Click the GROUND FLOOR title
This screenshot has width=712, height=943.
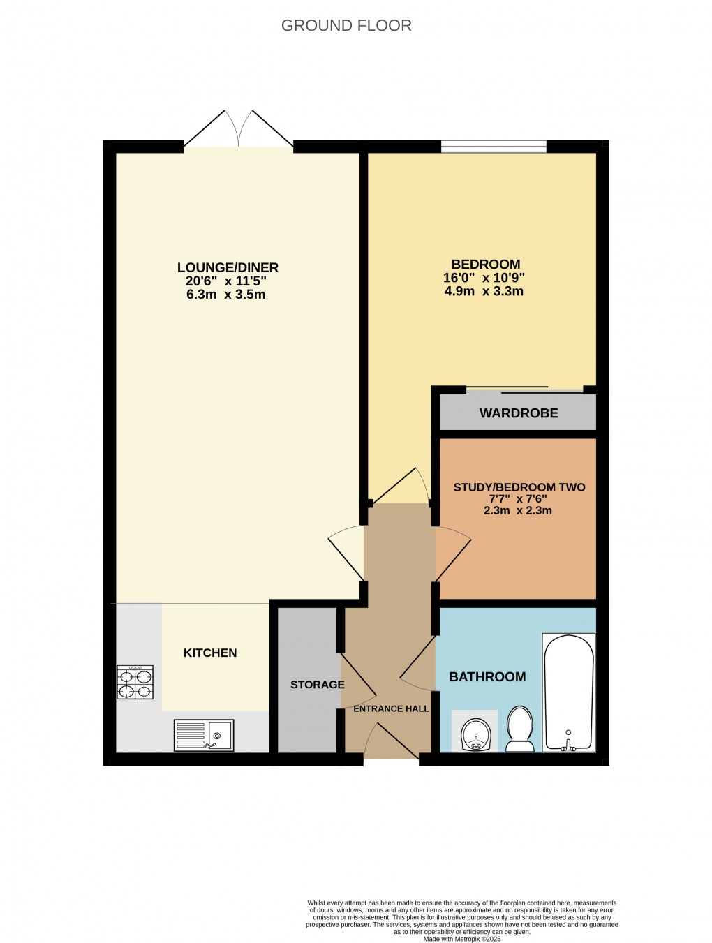click(x=346, y=26)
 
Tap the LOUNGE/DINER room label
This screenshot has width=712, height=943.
click(x=228, y=267)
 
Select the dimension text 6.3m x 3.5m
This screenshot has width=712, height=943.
click(x=225, y=295)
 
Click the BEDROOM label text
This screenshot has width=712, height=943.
click(x=485, y=265)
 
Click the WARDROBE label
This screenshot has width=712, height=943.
click(x=519, y=413)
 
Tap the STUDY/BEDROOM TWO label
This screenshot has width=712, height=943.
click(x=519, y=487)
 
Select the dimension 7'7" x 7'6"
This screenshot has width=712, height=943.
click(x=518, y=499)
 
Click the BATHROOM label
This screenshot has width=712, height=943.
click(x=487, y=676)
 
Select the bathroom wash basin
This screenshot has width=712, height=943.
click(x=475, y=732)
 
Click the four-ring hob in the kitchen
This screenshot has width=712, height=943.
click(x=135, y=683)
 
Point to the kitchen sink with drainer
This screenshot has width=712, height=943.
click(x=203, y=735)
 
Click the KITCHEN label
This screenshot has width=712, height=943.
click(x=210, y=653)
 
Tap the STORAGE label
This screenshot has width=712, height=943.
click(x=318, y=685)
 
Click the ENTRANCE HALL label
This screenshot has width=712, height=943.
click(x=391, y=708)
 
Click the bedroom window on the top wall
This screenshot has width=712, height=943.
click(x=494, y=147)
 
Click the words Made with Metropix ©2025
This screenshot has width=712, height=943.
click(x=462, y=939)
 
